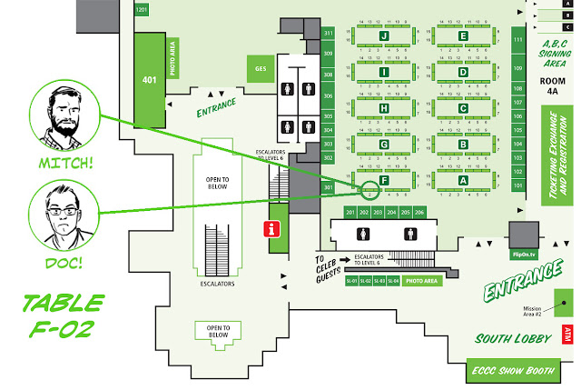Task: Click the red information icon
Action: click(x=270, y=228)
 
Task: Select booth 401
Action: click(x=149, y=79)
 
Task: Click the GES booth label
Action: click(x=260, y=68)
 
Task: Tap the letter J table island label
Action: click(x=385, y=36)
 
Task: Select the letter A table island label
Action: click(x=464, y=180)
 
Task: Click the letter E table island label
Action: click(x=464, y=36)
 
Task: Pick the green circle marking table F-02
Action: click(x=369, y=191)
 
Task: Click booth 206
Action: click(x=419, y=212)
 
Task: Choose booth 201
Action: click(x=350, y=212)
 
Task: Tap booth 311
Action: click(x=329, y=33)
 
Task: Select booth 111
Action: click(x=518, y=41)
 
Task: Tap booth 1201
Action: click(x=142, y=9)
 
